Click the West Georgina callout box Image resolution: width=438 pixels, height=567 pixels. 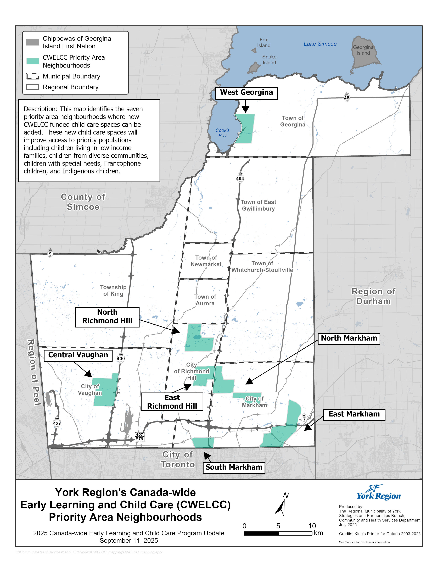click(246, 93)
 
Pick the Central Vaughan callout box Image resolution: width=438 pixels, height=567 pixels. click(78, 355)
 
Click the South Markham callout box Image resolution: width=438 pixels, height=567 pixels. click(234, 467)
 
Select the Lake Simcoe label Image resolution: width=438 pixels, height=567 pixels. click(320, 44)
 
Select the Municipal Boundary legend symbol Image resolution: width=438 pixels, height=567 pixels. click(33, 76)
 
